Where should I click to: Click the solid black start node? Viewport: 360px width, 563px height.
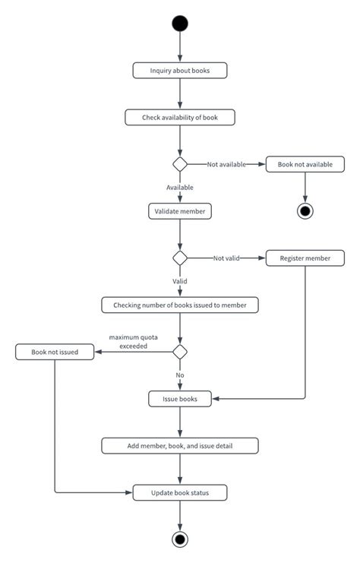point(180,23)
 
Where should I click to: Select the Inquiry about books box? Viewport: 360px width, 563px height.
point(180,71)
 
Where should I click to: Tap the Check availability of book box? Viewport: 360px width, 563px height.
point(180,117)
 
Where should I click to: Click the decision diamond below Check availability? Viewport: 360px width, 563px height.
point(180,164)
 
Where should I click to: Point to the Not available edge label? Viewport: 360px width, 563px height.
point(226,164)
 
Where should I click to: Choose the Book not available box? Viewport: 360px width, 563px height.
point(305,164)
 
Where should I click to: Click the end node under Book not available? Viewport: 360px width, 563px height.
point(305,210)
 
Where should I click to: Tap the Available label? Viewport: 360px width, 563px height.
point(180,187)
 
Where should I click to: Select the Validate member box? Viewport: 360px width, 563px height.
point(180,211)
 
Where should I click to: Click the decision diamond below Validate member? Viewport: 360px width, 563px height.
point(180,258)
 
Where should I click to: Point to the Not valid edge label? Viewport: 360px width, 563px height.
point(226,258)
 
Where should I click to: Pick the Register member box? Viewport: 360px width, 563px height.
point(305,258)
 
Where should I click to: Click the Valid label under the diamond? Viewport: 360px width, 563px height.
point(180,280)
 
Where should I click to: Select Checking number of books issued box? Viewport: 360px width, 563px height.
point(180,305)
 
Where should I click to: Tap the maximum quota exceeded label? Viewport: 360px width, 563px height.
point(128,341)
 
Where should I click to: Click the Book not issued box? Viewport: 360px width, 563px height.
point(55,352)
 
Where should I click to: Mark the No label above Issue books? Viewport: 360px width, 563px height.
point(180,375)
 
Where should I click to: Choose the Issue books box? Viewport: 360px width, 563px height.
point(180,398)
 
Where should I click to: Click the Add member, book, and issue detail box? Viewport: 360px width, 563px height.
point(180,445)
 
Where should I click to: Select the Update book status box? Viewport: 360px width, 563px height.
point(180,493)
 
